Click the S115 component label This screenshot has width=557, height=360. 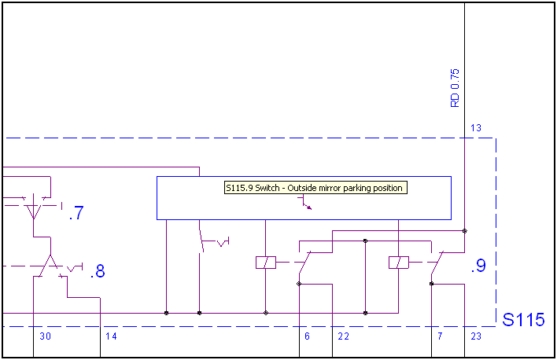tap(523, 320)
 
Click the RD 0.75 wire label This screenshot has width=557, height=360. tap(454, 88)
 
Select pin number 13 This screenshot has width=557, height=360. tap(476, 128)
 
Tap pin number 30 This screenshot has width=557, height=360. tap(45, 336)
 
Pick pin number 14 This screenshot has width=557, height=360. tap(111, 336)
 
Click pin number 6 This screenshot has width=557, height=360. tap(307, 336)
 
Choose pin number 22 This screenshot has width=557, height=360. tap(343, 336)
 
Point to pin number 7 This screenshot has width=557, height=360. tap(439, 336)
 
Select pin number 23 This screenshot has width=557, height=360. tap(476, 336)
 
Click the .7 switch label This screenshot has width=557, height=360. tap(76, 212)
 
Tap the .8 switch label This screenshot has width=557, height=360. tap(98, 272)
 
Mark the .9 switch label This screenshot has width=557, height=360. tap(478, 266)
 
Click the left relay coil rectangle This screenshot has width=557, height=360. tap(266, 263)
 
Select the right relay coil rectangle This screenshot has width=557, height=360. tap(399, 263)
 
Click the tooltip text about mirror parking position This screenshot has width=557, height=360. tap(314, 188)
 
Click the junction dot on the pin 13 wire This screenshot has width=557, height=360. tap(464, 231)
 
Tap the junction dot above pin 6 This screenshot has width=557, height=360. tap(299, 284)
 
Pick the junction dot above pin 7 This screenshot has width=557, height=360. tap(431, 284)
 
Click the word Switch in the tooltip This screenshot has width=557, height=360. tap(266, 188)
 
